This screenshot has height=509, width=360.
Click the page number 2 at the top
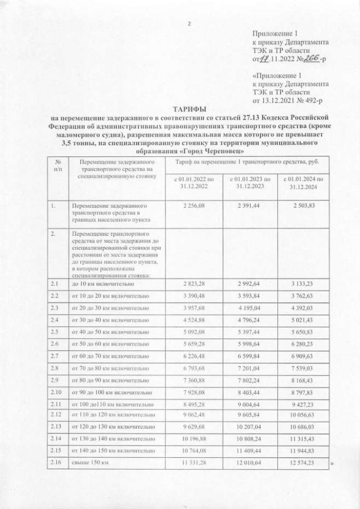click(190, 24)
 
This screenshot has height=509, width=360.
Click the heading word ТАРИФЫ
click(191, 109)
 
